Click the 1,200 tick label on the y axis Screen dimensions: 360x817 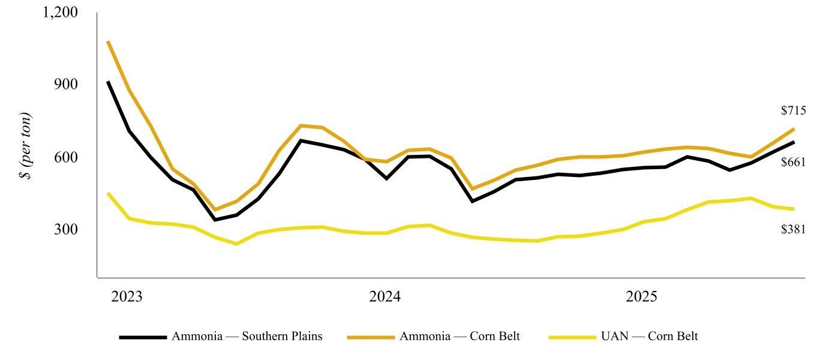pos(62,13)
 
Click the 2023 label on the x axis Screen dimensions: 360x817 pos(127,297)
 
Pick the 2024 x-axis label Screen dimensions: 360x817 pos(385,297)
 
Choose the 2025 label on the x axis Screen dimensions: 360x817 pos(642,297)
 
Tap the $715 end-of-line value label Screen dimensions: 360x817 pos(792,110)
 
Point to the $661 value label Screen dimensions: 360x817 pos(792,162)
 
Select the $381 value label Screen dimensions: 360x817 pos(792,229)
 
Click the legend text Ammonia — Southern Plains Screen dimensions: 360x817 pos(247,336)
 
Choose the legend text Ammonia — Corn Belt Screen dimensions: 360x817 pos(459,336)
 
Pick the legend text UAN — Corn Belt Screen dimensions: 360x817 pos(649,336)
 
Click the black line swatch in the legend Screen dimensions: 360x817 pos(143,337)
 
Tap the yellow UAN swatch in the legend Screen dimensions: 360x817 pos(573,337)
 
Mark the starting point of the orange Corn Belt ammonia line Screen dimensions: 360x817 pos(108,41)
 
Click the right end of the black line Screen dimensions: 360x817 pos(794,142)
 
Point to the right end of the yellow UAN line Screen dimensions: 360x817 pos(794,209)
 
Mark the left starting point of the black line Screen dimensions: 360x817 pos(108,82)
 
